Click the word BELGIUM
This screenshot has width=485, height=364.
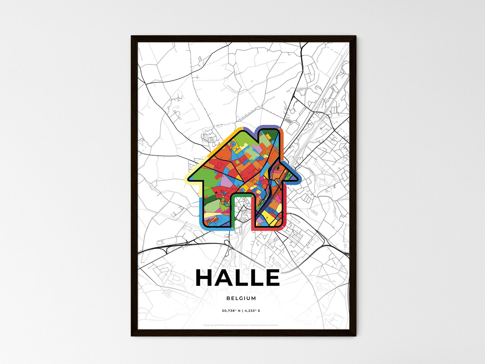241,298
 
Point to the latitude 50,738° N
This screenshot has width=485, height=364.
231,311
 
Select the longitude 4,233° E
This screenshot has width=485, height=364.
251,311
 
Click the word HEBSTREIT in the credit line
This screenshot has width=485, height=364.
220,325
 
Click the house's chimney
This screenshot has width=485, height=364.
269,138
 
